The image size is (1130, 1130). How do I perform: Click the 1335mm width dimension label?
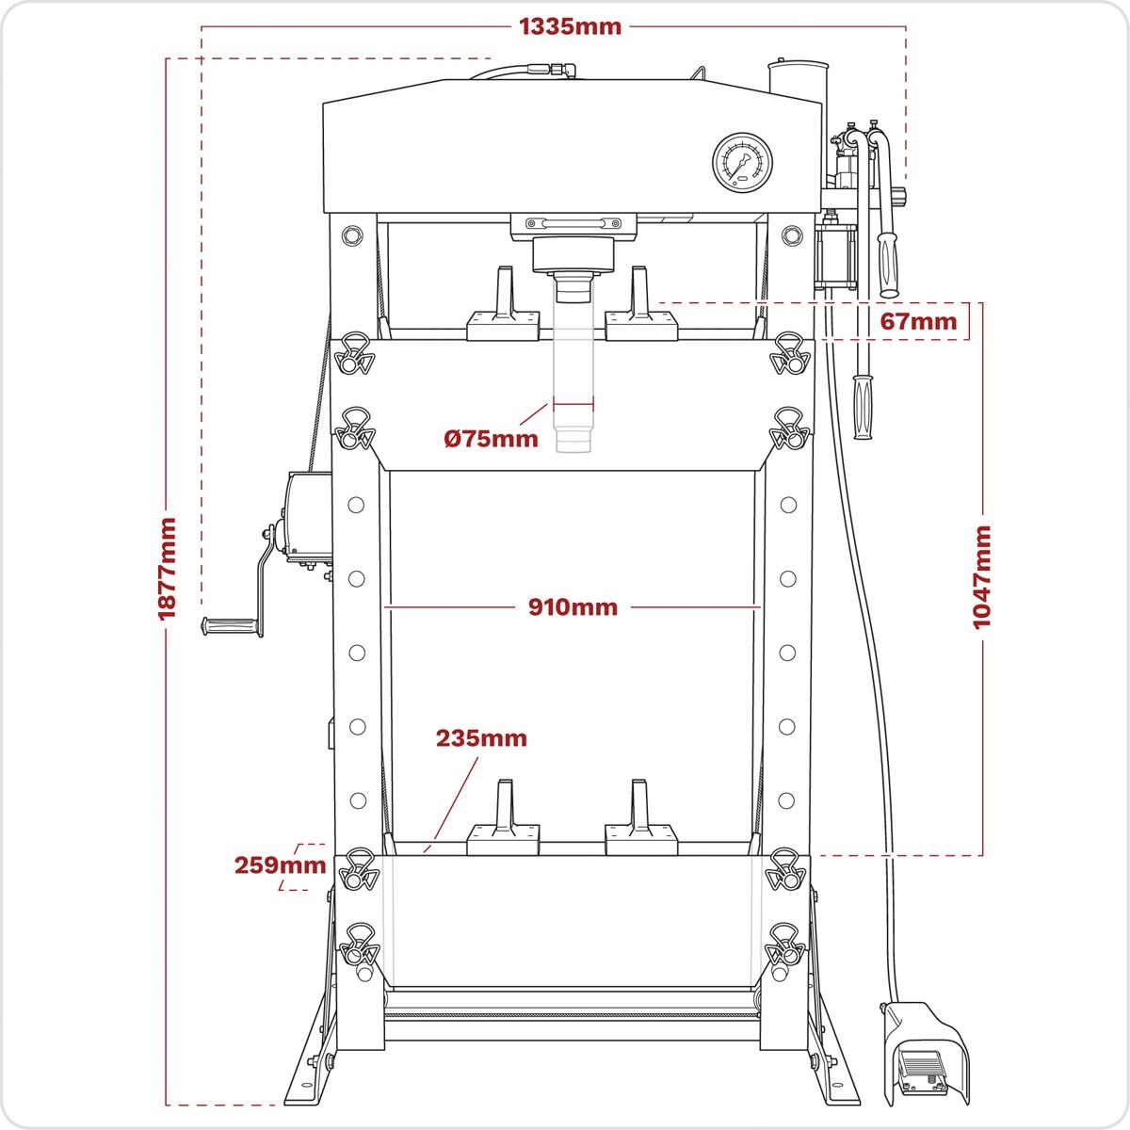[x=571, y=26]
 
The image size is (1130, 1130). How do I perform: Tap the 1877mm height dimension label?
[x=168, y=568]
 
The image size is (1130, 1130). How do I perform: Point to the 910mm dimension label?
[x=573, y=607]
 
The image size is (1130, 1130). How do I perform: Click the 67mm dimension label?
[x=918, y=322]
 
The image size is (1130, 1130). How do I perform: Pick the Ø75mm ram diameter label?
[x=491, y=438]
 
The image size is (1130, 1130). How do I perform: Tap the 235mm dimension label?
[x=480, y=738]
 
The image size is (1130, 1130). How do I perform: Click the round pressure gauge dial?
[x=743, y=162]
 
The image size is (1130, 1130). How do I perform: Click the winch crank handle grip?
[x=228, y=625]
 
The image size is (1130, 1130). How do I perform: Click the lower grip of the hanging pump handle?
[x=863, y=407]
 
